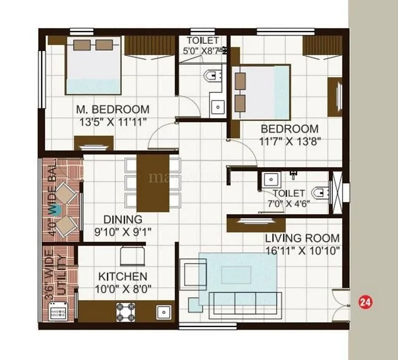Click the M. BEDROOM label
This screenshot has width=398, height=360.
tap(112, 109)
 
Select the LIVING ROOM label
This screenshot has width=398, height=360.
tap(302, 238)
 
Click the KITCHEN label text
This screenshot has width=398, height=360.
tap(122, 276)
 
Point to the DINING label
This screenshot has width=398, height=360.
tap(122, 219)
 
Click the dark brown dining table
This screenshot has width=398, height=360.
tap(153, 183)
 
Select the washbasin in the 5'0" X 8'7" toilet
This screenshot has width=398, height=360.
tap(217, 106)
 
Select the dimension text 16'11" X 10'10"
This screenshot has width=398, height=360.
tap(302, 251)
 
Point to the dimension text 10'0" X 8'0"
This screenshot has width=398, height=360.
tap(122, 288)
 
